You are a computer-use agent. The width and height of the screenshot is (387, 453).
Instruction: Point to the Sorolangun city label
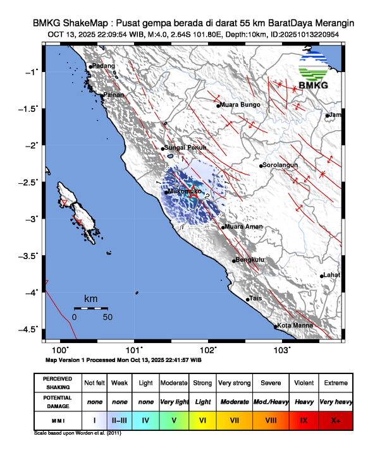(x=279, y=166)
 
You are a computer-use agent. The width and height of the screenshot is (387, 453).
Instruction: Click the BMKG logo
(x=316, y=71)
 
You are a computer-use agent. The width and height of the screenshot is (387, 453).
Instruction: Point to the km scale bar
(x=90, y=308)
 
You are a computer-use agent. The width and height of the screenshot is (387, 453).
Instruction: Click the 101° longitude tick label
(x=135, y=349)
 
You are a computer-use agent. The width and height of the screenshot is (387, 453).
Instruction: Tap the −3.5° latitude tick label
(x=31, y=255)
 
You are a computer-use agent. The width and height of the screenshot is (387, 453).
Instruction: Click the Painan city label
(x=114, y=95)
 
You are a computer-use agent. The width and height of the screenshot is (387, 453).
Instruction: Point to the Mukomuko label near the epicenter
(x=185, y=190)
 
